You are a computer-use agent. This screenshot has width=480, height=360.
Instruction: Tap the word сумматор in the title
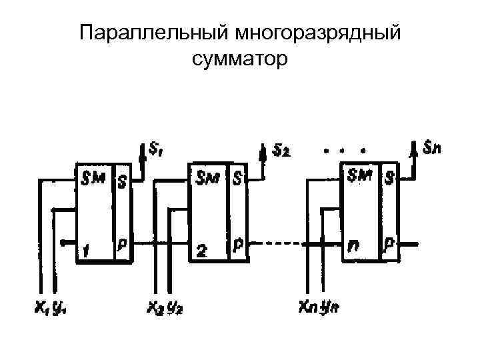[x=240, y=59]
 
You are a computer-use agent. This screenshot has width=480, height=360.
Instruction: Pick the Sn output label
[x=433, y=145]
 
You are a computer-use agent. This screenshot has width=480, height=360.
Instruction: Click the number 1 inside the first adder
[x=87, y=250]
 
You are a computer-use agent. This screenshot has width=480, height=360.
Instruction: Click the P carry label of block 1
[x=123, y=245]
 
